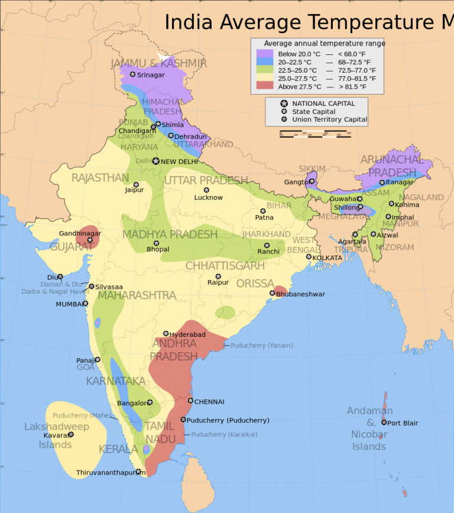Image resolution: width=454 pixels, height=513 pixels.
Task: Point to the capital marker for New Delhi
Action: (x=156, y=161)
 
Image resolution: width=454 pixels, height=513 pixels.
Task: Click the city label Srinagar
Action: (x=150, y=75)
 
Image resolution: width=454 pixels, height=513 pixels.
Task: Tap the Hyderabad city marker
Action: (x=166, y=334)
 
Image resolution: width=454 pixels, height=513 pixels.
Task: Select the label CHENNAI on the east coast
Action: (x=209, y=401)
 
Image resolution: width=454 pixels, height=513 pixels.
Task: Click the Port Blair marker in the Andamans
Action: (x=384, y=423)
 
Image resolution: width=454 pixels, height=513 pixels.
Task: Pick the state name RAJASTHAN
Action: (x=100, y=178)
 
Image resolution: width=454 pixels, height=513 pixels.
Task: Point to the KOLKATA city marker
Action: (x=309, y=256)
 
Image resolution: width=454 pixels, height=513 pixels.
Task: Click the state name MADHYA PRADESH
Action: (x=170, y=235)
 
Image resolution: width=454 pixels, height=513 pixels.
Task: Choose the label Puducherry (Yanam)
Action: (x=258, y=345)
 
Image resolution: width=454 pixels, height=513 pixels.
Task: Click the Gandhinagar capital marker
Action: (x=90, y=240)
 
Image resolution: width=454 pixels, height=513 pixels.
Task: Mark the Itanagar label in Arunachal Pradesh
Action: (x=400, y=182)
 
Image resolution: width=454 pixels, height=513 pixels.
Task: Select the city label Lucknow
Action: (x=208, y=197)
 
